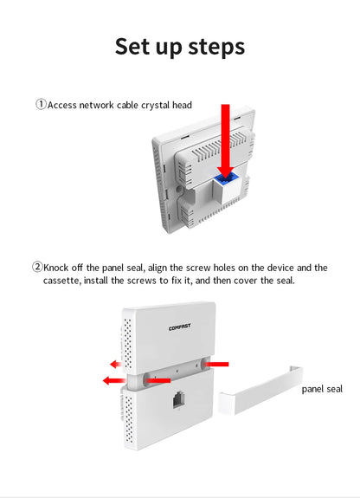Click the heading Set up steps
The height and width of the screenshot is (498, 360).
coord(180,47)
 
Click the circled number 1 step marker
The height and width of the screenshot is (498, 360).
coord(41,104)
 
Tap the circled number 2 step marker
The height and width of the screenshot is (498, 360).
coord(37,267)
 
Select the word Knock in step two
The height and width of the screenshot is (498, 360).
coord(56,268)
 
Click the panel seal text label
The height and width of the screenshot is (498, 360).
coord(322,389)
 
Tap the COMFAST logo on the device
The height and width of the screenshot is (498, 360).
coord(180,327)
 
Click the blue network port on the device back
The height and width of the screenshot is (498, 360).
coord(225,179)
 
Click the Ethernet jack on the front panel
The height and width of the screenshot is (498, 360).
coord(178,400)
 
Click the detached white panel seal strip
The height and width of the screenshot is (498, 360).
coord(260,391)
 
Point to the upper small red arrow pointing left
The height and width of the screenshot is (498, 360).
coord(116,364)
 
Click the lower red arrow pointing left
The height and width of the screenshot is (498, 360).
coord(114,380)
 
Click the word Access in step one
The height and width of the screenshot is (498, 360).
coord(62,105)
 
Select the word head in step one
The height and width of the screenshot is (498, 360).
coord(182,105)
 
